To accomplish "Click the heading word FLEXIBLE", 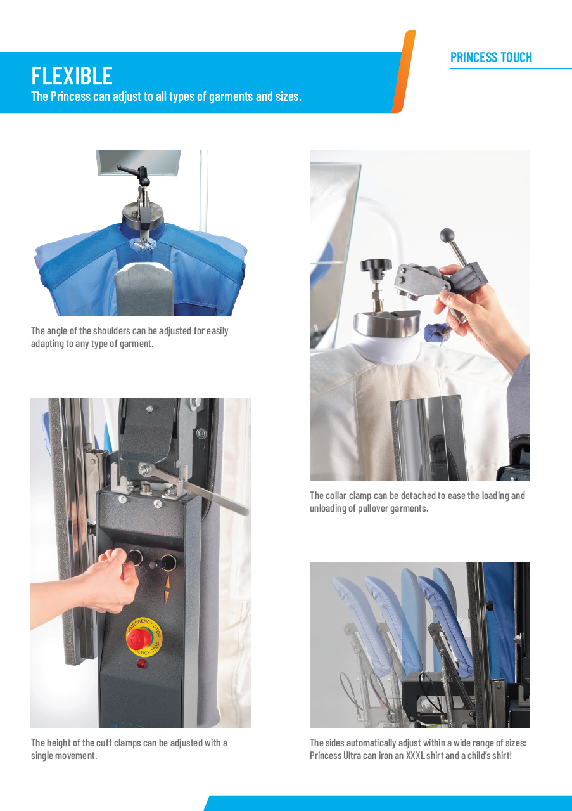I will coord(72,75).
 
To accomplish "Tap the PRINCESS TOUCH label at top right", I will coord(491,58).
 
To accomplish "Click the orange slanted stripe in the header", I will coord(403,72).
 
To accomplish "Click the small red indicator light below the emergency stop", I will coord(141,663).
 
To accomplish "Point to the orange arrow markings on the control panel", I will coord(167,589).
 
